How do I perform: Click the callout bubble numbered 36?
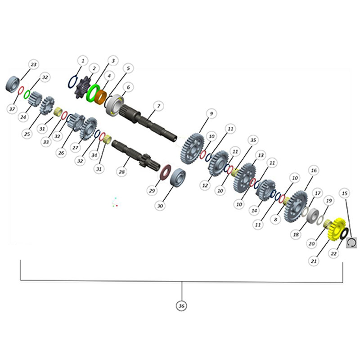coord(181,306)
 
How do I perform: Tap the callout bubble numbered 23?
coord(34,64)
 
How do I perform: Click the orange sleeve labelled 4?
coord(101,97)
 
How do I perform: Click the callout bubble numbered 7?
coord(158,106)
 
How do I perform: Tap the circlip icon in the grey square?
coord(351,243)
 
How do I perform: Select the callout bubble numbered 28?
coord(121,171)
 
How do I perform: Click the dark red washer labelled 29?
coord(165,172)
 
